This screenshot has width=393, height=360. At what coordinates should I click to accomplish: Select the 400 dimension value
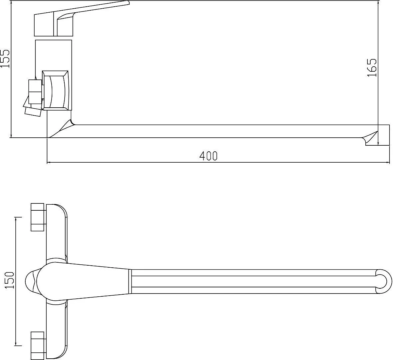pyautogui.click(x=208, y=156)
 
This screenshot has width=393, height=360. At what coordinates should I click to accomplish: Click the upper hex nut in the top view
pyautogui.click(x=37, y=217)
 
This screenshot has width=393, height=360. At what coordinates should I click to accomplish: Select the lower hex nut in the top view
pyautogui.click(x=37, y=345)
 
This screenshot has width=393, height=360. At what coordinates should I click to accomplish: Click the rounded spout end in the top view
pyautogui.click(x=383, y=281)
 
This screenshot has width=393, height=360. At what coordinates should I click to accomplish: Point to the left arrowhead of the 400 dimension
pyautogui.click(x=49, y=163)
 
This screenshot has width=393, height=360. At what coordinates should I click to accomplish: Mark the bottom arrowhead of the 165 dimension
pyautogui.click(x=378, y=143)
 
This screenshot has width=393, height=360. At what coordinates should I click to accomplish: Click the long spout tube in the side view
pyautogui.click(x=216, y=131)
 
